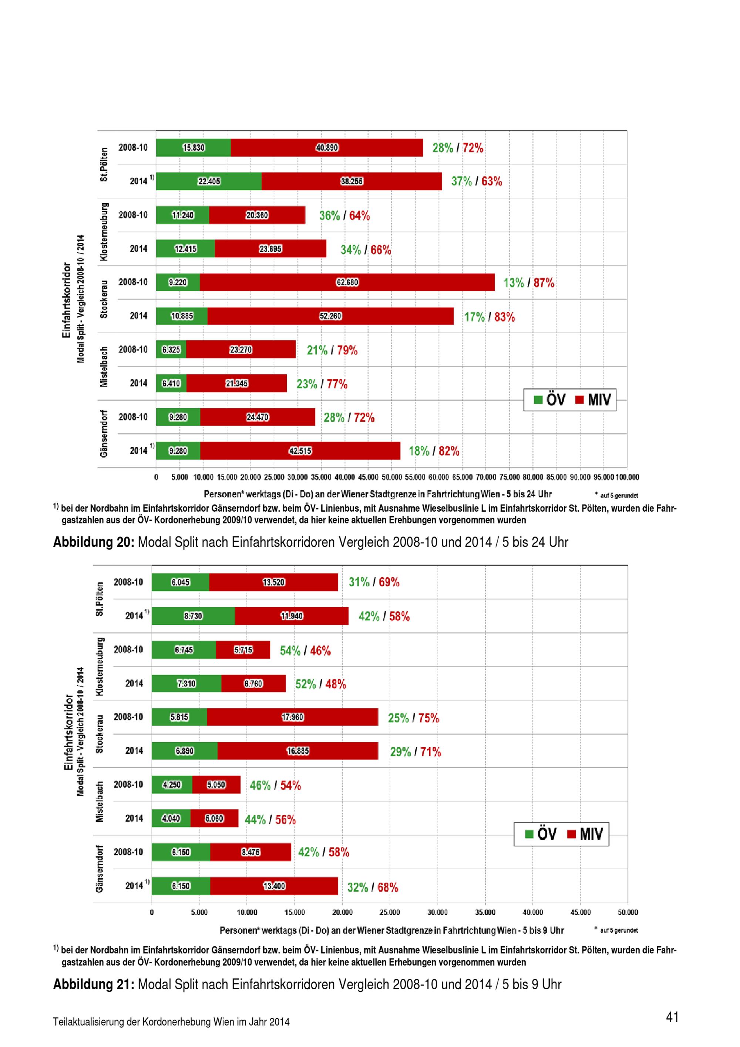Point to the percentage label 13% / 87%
[529, 283]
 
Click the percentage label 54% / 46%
[305, 651]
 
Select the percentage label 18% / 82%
[434, 451]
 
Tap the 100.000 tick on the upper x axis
[628, 477]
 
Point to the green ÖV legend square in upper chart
[538, 400]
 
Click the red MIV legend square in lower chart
[571, 834]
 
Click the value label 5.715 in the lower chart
[243, 650]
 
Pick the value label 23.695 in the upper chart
[270, 249]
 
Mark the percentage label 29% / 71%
[416, 752]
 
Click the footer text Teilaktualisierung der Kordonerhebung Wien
[171, 1022]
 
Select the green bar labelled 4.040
[171, 819]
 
